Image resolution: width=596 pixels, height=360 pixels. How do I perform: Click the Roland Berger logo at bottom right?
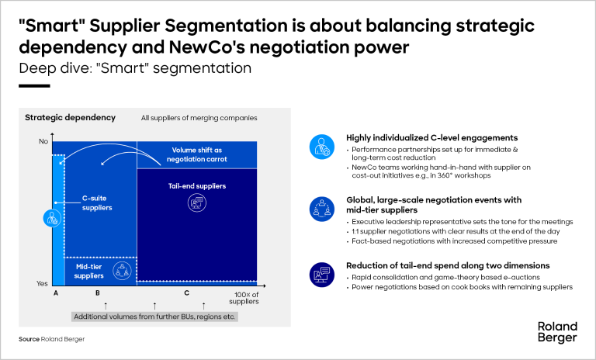557,331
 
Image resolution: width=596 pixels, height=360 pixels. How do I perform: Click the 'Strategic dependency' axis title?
70,118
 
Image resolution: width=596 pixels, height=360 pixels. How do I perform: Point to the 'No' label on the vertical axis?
43,142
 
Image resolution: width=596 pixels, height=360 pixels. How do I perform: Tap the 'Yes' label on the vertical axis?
42,284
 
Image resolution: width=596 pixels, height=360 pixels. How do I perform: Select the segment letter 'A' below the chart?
55,294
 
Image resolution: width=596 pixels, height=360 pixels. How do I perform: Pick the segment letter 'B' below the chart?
97,294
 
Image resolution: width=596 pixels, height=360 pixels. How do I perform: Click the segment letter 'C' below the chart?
186,294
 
